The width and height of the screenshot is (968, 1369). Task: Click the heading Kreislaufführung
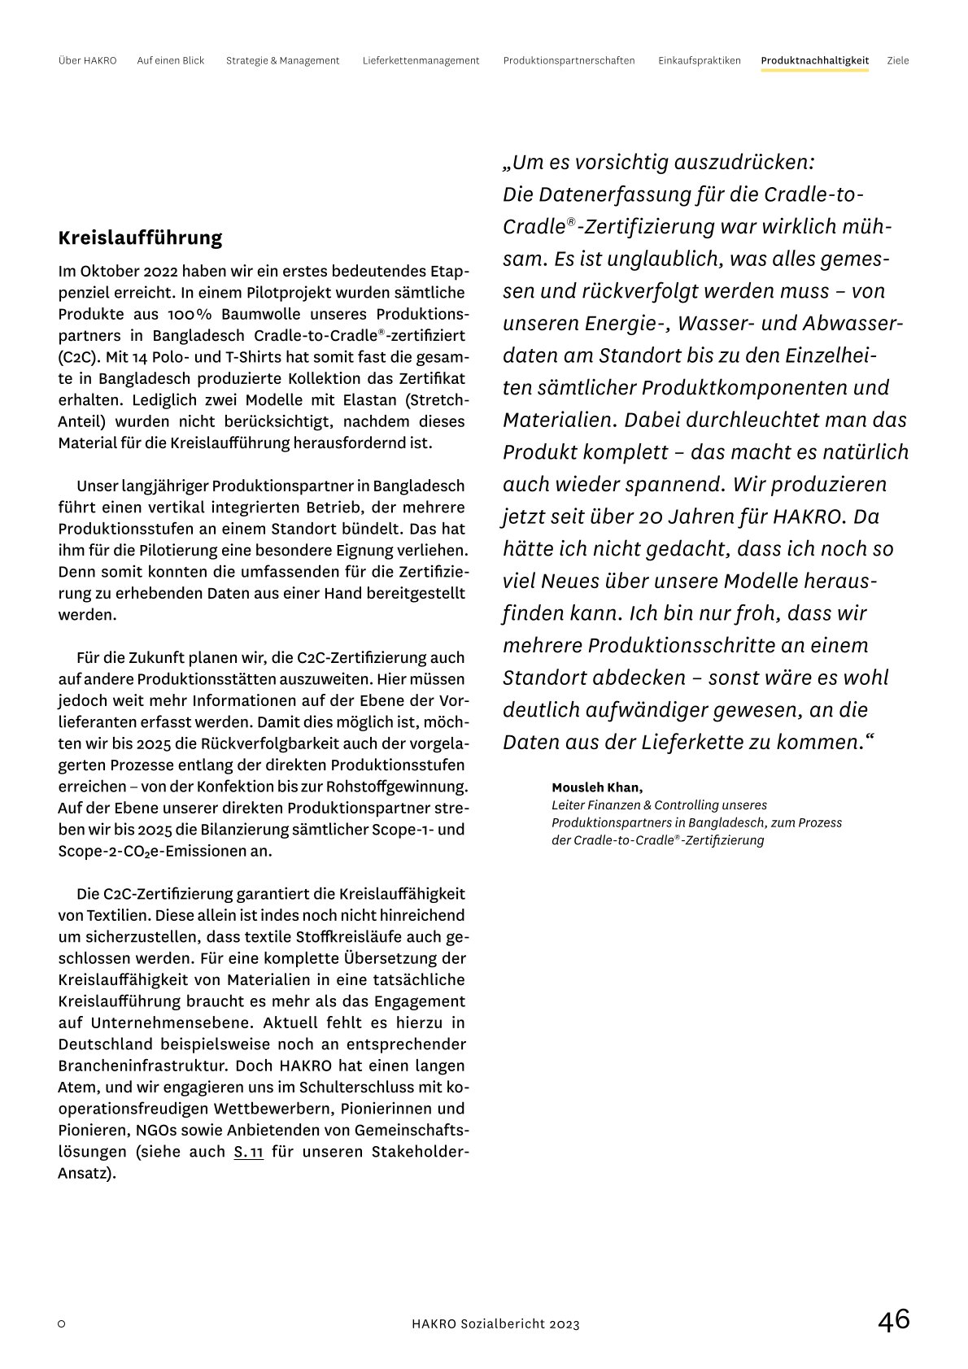140,238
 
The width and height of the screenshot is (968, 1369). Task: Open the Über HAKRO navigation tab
88,61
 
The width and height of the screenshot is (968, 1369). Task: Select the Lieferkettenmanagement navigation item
421,61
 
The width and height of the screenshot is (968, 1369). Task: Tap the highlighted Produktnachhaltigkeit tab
814,61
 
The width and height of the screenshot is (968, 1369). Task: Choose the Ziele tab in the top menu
898,61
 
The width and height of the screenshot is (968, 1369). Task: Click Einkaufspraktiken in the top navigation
700,61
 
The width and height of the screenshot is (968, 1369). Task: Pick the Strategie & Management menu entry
282,61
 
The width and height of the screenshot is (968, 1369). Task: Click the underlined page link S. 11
248,1152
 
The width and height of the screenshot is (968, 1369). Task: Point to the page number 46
893,1320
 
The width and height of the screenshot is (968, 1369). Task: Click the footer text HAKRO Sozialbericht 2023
495,1324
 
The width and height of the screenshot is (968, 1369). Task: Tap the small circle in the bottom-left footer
62,1324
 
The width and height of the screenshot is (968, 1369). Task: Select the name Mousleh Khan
596,787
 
